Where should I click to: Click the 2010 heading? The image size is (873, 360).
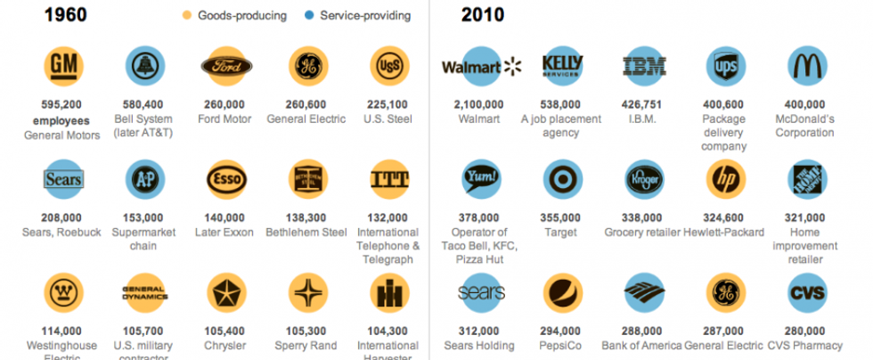(x=483, y=14)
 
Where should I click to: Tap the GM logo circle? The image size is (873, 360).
(x=62, y=65)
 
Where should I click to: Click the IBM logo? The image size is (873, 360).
(x=644, y=65)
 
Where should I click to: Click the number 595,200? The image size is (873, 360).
(x=62, y=104)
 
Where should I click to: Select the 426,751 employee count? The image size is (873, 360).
(x=644, y=104)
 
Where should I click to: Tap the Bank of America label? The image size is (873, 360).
(x=644, y=346)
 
